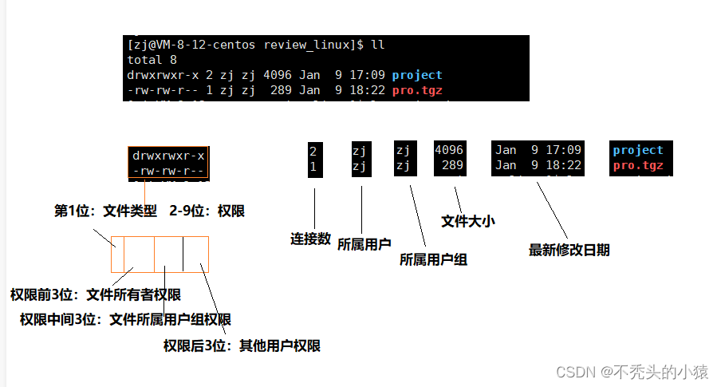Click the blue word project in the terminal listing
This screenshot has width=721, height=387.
pyautogui.click(x=417, y=75)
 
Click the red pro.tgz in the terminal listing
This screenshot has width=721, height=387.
pyautogui.click(x=417, y=90)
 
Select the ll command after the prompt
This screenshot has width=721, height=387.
pyautogui.click(x=377, y=45)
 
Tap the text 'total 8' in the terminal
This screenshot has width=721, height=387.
pyautogui.click(x=152, y=60)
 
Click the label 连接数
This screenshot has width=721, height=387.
pyautogui.click(x=310, y=239)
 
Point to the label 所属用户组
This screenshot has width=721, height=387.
pyautogui.click(x=433, y=259)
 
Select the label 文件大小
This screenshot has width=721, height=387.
pyautogui.click(x=468, y=221)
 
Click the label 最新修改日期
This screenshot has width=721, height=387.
pyautogui.click(x=569, y=250)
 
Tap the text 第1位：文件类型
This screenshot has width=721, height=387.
pyautogui.click(x=105, y=211)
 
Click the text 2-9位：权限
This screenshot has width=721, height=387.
pyautogui.click(x=207, y=211)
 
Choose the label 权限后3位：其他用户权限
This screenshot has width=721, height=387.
pyautogui.click(x=242, y=346)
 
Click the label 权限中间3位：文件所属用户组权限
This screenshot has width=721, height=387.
pyautogui.click(x=125, y=320)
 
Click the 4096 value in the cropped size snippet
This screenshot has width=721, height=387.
pyautogui.click(x=449, y=150)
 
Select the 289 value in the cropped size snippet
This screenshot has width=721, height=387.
pyautogui.click(x=452, y=166)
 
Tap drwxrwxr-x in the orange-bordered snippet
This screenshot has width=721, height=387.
pyautogui.click(x=168, y=156)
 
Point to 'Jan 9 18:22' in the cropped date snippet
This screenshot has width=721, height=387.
pyautogui.click(x=539, y=166)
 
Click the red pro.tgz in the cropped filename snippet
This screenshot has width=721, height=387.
pyautogui.click(x=638, y=166)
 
